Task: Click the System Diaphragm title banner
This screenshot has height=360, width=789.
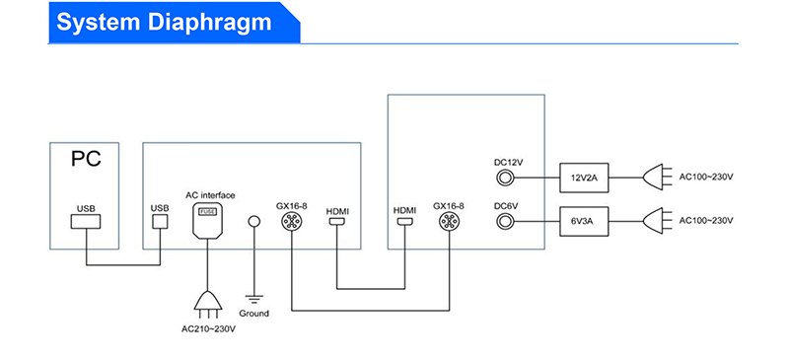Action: point(174,23)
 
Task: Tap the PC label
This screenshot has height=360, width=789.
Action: point(86,159)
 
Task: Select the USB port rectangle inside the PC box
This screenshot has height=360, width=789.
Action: point(86,222)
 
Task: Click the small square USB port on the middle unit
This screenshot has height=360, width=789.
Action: point(160,222)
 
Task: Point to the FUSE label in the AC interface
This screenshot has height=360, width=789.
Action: point(208,212)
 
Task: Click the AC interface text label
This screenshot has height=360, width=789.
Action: point(210,195)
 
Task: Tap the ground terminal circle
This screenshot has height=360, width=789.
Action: point(254,221)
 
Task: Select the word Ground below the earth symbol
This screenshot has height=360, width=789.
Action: point(254,314)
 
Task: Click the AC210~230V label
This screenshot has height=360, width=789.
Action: point(208,329)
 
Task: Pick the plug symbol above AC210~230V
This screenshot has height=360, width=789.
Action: point(208,305)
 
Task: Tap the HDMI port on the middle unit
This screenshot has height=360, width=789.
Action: point(336,221)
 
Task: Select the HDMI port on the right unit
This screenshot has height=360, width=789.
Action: point(404,221)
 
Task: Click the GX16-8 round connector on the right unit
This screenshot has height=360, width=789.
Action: point(448,221)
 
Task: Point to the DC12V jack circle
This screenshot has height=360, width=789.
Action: point(504,178)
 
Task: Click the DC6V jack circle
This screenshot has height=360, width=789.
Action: point(504,221)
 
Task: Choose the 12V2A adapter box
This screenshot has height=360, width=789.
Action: point(584,178)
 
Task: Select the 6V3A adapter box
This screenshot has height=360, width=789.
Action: point(584,221)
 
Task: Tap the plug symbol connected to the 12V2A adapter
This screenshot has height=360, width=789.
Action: point(657,178)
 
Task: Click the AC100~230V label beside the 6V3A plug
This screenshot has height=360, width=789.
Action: point(706,221)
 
